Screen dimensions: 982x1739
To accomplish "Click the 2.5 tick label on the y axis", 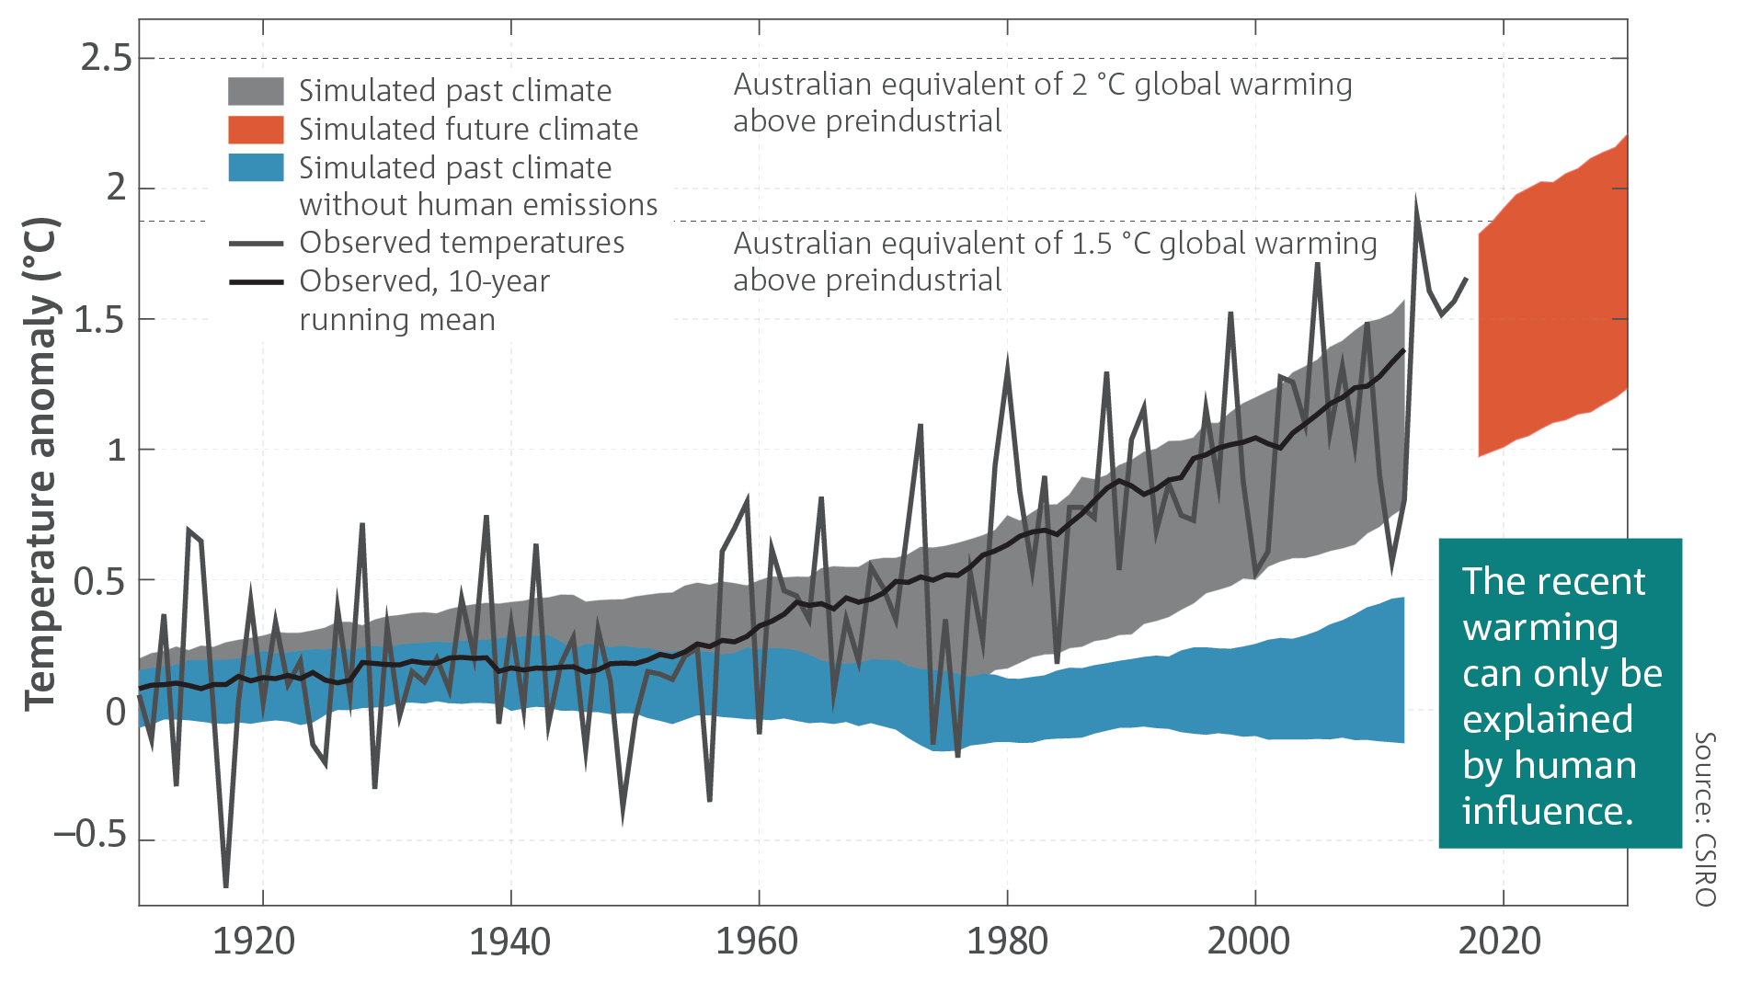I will point(106,58).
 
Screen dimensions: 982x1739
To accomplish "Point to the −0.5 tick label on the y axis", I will point(90,835).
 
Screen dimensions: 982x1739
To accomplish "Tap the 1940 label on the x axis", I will point(509,942).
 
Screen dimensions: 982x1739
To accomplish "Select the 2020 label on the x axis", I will point(1500,942).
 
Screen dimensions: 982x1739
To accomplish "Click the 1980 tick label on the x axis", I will point(1007,942).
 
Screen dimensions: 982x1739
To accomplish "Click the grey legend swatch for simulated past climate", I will point(256,91).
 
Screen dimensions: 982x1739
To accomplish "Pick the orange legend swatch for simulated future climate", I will point(256,130).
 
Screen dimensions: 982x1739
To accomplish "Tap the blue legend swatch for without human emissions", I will point(256,167).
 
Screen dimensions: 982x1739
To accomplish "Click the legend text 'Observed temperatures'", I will point(462,243).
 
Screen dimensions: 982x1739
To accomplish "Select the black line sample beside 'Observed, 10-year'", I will point(256,281).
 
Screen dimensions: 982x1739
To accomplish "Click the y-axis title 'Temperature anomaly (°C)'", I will point(41,463).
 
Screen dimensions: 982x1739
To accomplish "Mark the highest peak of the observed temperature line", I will point(1416,200).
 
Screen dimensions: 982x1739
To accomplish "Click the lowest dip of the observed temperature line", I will point(226,885).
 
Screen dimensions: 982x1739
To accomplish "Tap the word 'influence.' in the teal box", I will point(1548,811).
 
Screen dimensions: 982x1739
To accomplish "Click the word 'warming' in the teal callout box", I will point(1540,628).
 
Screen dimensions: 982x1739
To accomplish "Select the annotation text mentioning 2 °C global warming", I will point(1042,102).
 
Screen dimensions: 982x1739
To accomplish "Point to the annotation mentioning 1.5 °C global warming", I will point(1055,261).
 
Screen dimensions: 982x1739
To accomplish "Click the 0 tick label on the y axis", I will point(116,712).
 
